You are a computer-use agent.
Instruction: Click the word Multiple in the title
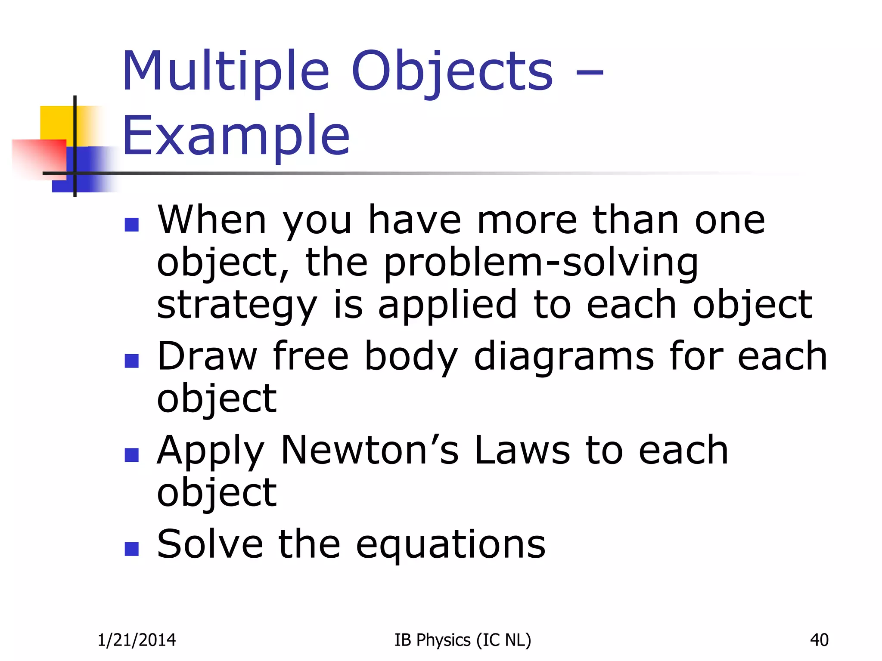(226, 71)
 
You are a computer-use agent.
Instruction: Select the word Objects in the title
(452, 71)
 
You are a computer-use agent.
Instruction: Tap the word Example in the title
(236, 136)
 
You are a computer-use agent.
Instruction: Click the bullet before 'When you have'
(131, 225)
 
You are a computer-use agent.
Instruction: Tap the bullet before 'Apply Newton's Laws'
(131, 455)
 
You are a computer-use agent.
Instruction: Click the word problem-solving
(540, 263)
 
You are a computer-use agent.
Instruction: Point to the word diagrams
(564, 356)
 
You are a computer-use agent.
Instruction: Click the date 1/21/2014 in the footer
(137, 640)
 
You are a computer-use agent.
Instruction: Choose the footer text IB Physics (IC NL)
(463, 640)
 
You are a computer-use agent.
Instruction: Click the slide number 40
(819, 640)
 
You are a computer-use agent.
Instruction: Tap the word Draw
(207, 356)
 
